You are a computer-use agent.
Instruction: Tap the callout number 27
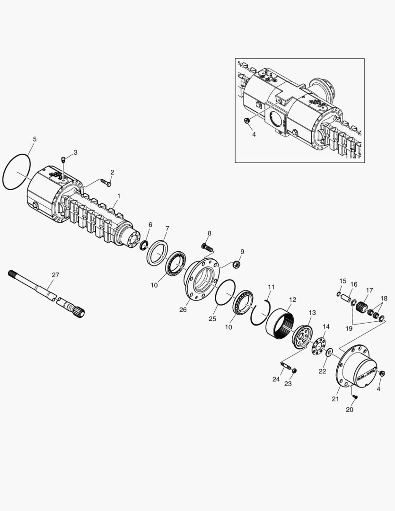click(x=55, y=275)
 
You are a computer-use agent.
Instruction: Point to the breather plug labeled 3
click(x=63, y=159)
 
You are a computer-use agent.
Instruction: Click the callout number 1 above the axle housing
click(x=119, y=196)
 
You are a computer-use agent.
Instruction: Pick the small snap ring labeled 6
click(x=143, y=244)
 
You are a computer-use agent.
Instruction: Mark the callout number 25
click(x=212, y=319)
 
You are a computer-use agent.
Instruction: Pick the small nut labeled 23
click(x=294, y=370)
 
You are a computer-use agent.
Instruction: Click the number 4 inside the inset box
click(x=254, y=134)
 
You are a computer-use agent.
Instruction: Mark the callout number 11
click(x=271, y=287)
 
